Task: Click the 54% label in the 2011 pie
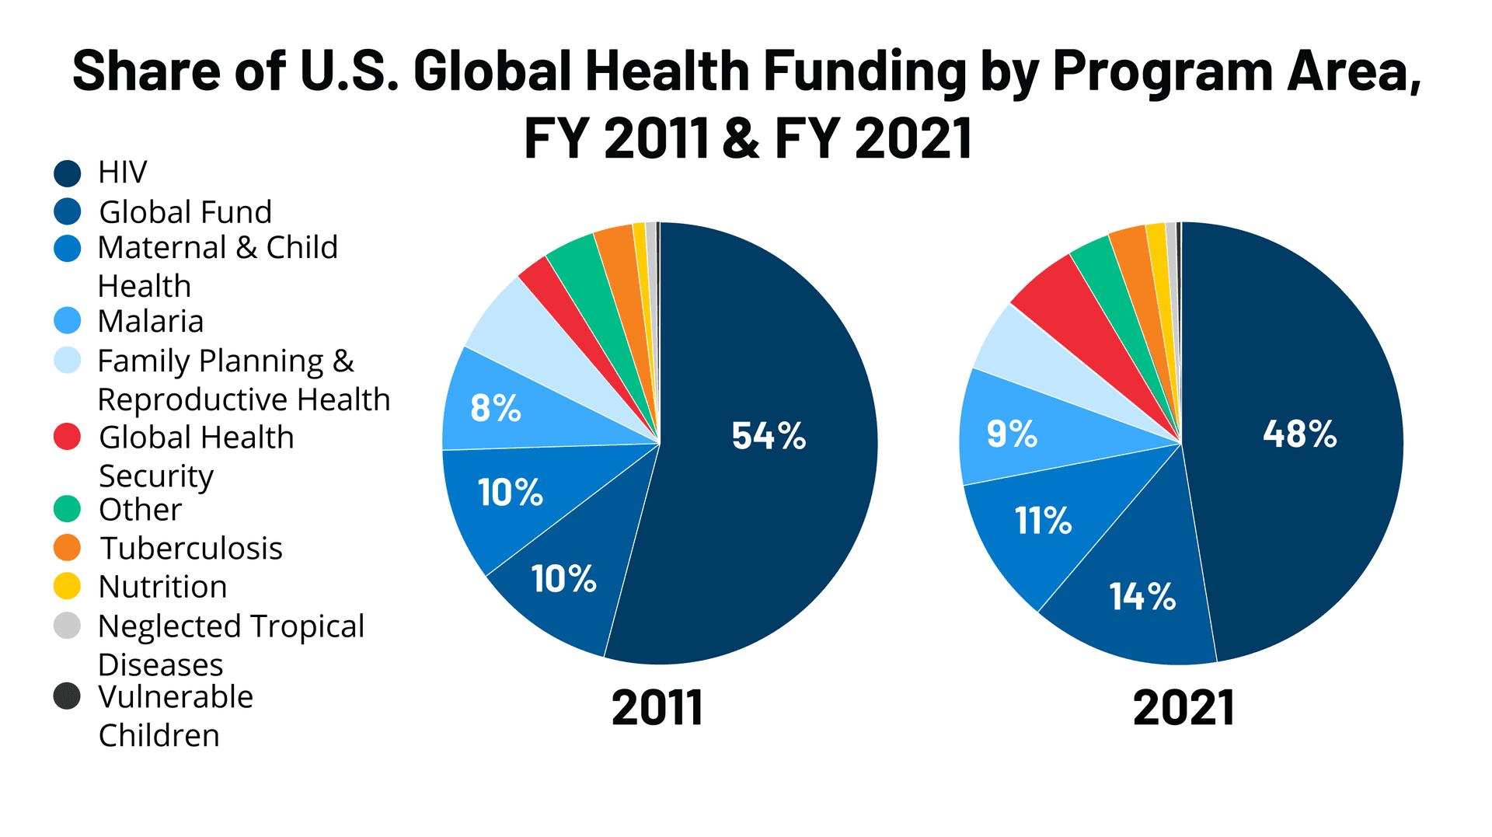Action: (x=769, y=436)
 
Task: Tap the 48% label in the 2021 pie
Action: (x=1299, y=434)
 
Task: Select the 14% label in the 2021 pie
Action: (x=1142, y=597)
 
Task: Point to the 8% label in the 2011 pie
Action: (x=495, y=408)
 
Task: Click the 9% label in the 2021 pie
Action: (x=1012, y=434)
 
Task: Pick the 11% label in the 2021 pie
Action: (x=1043, y=521)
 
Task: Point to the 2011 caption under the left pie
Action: (x=657, y=708)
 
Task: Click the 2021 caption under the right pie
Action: (x=1183, y=708)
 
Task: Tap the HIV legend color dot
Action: (x=68, y=173)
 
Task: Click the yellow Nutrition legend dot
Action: (x=68, y=586)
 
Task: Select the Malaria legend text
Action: (x=151, y=321)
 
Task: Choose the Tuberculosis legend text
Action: (x=191, y=548)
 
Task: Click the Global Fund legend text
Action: (x=185, y=212)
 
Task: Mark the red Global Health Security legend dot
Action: (x=68, y=437)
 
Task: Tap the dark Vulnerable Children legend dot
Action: (x=68, y=696)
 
